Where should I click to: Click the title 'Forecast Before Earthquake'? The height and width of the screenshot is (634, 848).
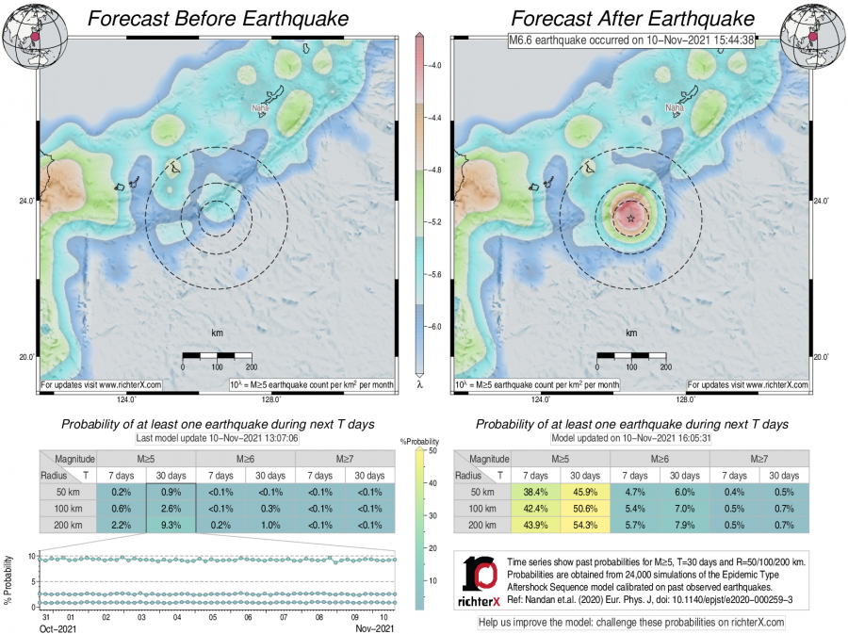(218, 19)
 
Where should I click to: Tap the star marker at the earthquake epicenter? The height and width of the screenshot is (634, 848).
(630, 218)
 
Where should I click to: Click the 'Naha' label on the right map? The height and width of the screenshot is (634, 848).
(674, 108)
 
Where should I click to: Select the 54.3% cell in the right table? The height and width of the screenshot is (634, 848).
(584, 526)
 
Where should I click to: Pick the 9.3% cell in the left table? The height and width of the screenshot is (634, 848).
(171, 526)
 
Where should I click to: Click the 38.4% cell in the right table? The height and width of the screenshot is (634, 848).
(535, 493)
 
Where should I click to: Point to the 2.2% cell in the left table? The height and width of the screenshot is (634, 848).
(121, 526)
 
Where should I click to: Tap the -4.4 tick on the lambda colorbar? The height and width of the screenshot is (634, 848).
(437, 119)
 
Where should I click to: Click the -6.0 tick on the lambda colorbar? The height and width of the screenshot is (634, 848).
(437, 326)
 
